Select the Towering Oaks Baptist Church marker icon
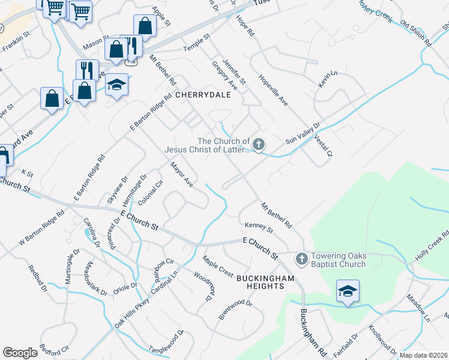(x=301, y=259)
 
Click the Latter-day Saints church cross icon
(x=259, y=144)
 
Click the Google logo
(x=20, y=353)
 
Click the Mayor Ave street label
(x=182, y=174)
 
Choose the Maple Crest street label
(x=217, y=267)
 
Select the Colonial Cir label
(x=151, y=193)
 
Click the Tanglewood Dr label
(x=167, y=341)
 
